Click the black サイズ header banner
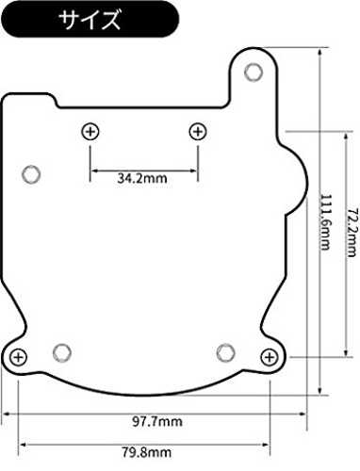pyautogui.click(x=90, y=19)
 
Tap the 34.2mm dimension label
pyautogui.click(x=142, y=178)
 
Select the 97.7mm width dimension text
pyautogui.click(x=157, y=421)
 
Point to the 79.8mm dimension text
pyautogui.click(x=146, y=452)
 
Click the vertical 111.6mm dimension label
pyautogui.click(x=325, y=222)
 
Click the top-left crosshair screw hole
pyautogui.click(x=90, y=132)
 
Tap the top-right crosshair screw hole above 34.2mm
pyautogui.click(x=198, y=132)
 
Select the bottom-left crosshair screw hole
pyautogui.click(x=18, y=357)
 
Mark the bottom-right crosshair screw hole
pyautogui.click(x=270, y=357)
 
